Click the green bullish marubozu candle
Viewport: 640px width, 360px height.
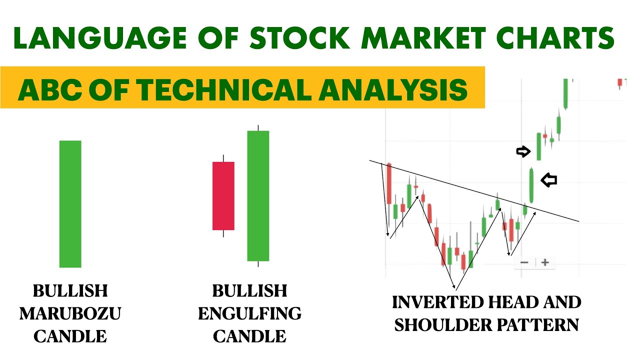(70, 204)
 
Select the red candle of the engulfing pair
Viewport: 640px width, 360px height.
(223, 195)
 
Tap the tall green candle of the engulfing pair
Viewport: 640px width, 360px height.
(258, 195)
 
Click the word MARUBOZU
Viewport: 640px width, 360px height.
(70, 314)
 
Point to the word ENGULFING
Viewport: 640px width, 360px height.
(249, 314)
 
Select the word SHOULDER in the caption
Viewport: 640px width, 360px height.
(442, 325)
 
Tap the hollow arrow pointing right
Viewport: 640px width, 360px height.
(523, 151)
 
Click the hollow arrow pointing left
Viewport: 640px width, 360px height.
(549, 180)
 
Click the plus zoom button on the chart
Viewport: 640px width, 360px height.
(545, 262)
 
